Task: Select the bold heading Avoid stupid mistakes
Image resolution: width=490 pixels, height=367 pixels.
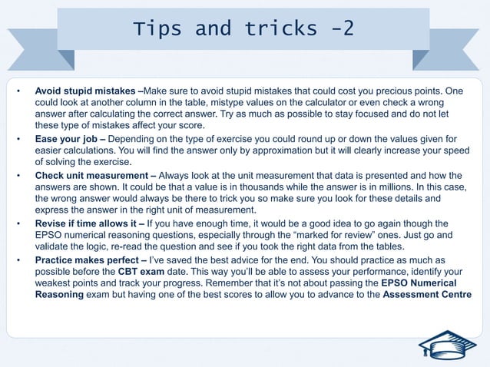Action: pos(87,91)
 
